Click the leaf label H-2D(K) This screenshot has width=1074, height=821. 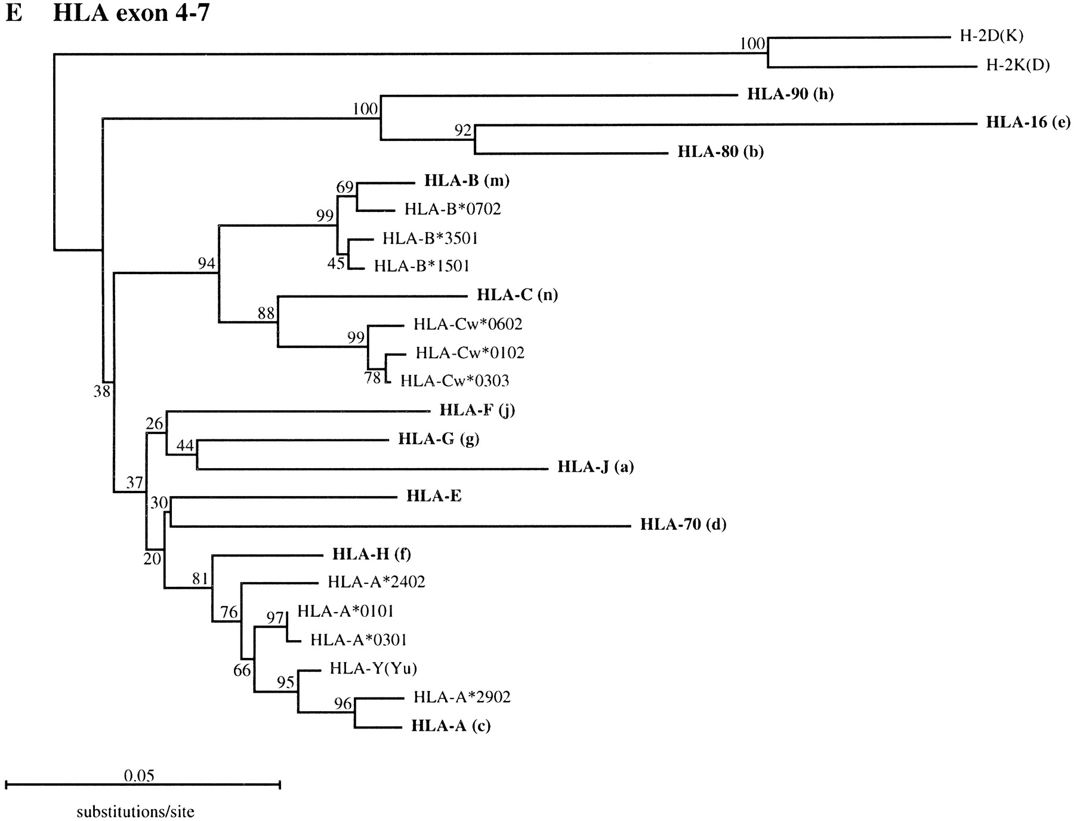point(991,36)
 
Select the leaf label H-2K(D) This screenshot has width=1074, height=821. point(1018,65)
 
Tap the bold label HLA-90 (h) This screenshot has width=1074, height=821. point(790,94)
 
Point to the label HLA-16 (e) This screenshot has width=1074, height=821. point(1028,122)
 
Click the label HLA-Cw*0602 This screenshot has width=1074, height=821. point(468,324)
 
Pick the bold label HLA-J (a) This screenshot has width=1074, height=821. point(595,466)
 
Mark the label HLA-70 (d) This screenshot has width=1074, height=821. point(683,524)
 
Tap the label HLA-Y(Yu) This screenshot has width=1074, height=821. point(374,668)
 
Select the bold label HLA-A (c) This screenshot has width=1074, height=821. point(451,725)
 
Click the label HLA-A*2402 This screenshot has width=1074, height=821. point(376,582)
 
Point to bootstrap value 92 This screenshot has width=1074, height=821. point(463,131)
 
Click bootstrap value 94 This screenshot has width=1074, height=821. point(206,263)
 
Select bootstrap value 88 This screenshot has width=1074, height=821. point(266,313)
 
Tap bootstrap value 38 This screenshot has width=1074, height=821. point(102,391)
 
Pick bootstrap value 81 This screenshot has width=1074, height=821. point(200,578)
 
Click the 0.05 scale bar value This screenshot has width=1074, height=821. point(139,776)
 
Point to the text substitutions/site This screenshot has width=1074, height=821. point(135,812)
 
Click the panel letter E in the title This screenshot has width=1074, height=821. point(14,13)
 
